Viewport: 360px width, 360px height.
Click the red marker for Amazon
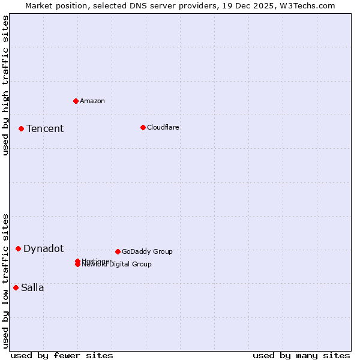pyautogui.click(x=76, y=101)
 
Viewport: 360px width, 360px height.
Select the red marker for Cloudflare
pyautogui.click(x=143, y=127)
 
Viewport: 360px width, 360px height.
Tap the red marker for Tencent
pyautogui.click(x=21, y=128)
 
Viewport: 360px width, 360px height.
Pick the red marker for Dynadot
pyautogui.click(x=18, y=248)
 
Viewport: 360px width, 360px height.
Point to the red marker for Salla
pyautogui.click(x=16, y=287)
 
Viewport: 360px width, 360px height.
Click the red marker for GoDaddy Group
pyautogui.click(x=118, y=251)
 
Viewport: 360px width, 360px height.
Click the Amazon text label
pyautogui.click(x=92, y=101)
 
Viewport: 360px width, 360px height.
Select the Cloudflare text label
pyautogui.click(x=163, y=127)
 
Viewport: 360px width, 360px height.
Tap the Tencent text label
pyautogui.click(x=45, y=128)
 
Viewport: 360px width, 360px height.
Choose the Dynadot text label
pyautogui.click(x=43, y=248)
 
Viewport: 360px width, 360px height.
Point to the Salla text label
pyautogui.click(x=32, y=287)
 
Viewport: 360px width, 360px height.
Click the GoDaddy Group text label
pyautogui.click(x=147, y=251)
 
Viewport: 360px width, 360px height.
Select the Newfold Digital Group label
pyautogui.click(x=117, y=265)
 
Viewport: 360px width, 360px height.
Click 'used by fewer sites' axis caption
pyautogui.click(x=62, y=355)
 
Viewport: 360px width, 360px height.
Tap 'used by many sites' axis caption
pyautogui.click(x=301, y=355)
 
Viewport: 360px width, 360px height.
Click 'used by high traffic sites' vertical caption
pyautogui.click(x=5, y=85)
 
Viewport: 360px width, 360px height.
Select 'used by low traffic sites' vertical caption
pyautogui.click(x=5, y=281)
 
